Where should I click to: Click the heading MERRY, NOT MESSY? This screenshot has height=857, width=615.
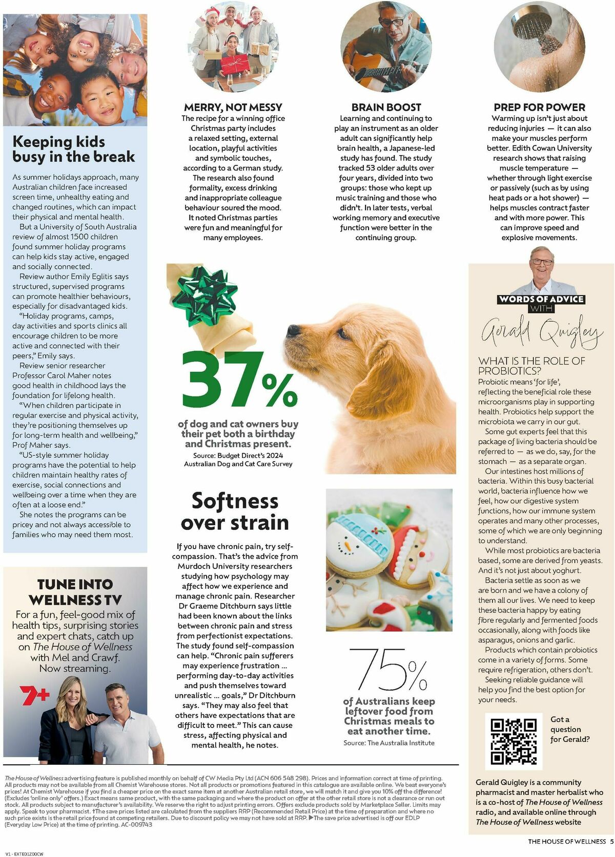coord(233,107)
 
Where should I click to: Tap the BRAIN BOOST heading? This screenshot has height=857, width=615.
coord(386,107)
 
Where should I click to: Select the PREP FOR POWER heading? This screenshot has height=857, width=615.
coord(539,107)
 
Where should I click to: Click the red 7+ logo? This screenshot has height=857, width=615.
coord(34,695)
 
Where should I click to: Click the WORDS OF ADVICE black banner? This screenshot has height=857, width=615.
coord(541,299)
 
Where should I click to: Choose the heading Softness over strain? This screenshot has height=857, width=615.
coord(235,511)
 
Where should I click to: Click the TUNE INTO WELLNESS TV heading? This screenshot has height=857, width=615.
coord(75,591)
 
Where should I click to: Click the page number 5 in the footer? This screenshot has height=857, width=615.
coord(611,841)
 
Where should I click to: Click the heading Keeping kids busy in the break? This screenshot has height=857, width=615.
coord(73,148)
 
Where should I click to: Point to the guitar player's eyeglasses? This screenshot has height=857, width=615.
coord(392,23)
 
